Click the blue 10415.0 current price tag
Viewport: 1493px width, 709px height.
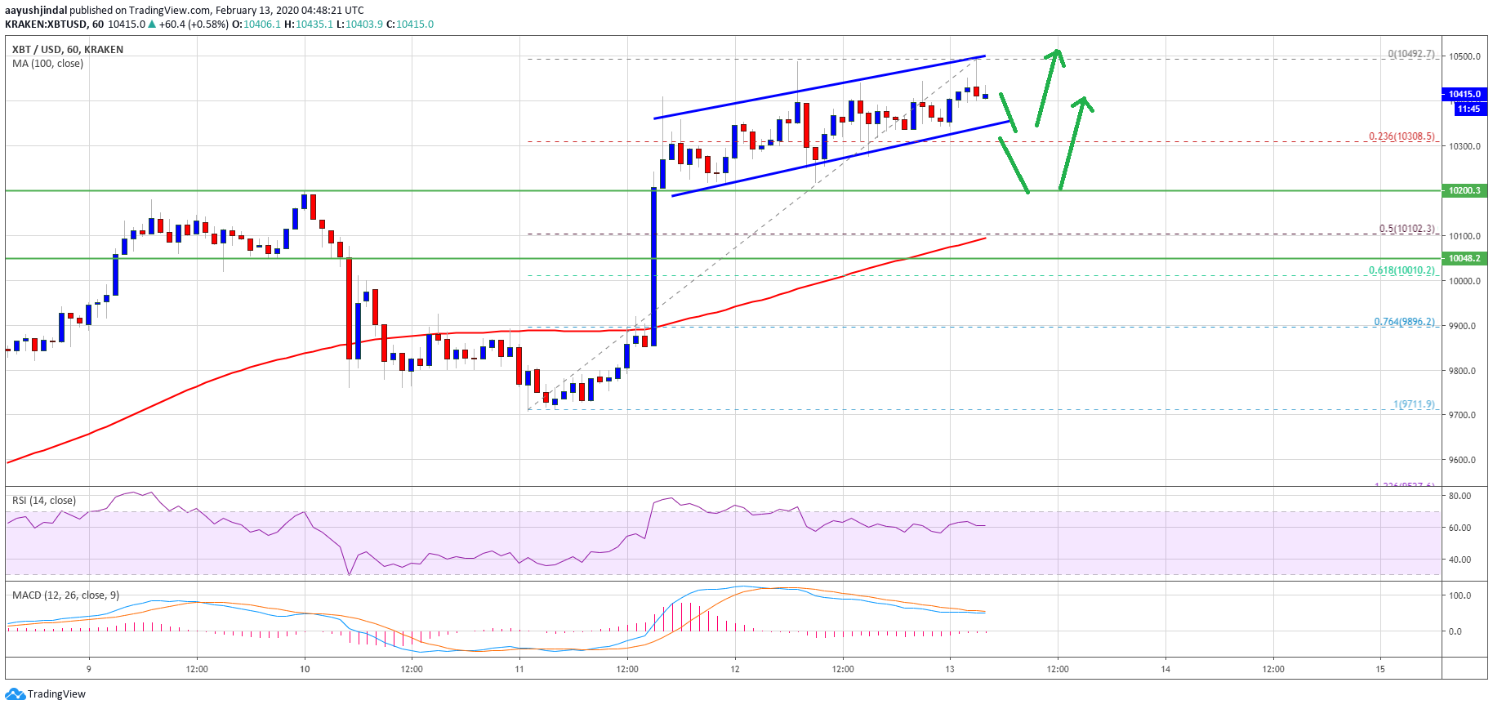[1464, 94]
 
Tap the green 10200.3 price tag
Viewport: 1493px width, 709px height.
[1464, 190]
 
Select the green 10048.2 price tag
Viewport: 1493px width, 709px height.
[1464, 258]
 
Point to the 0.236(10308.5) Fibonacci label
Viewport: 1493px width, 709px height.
[1401, 136]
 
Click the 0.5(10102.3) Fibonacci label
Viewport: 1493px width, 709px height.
[1406, 229]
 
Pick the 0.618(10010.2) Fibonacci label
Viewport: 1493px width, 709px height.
[1402, 270]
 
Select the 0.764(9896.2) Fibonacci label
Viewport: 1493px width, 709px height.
[1403, 322]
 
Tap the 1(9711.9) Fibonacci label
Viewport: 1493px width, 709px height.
[1413, 404]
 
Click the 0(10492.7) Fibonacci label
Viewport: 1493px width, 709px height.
[1411, 54]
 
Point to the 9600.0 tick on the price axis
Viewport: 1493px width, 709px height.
[1464, 460]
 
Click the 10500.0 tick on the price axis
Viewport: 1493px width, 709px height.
[1464, 56]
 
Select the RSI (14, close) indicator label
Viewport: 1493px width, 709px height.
[44, 501]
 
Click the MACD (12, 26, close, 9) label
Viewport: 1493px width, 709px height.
[65, 595]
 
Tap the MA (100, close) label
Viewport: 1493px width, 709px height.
[47, 64]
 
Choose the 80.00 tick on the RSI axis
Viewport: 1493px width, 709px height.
[1460, 496]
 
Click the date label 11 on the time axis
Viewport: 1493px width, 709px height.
[519, 669]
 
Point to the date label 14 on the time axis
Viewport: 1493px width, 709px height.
[1165, 669]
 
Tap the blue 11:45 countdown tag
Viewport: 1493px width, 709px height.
[1468, 109]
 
